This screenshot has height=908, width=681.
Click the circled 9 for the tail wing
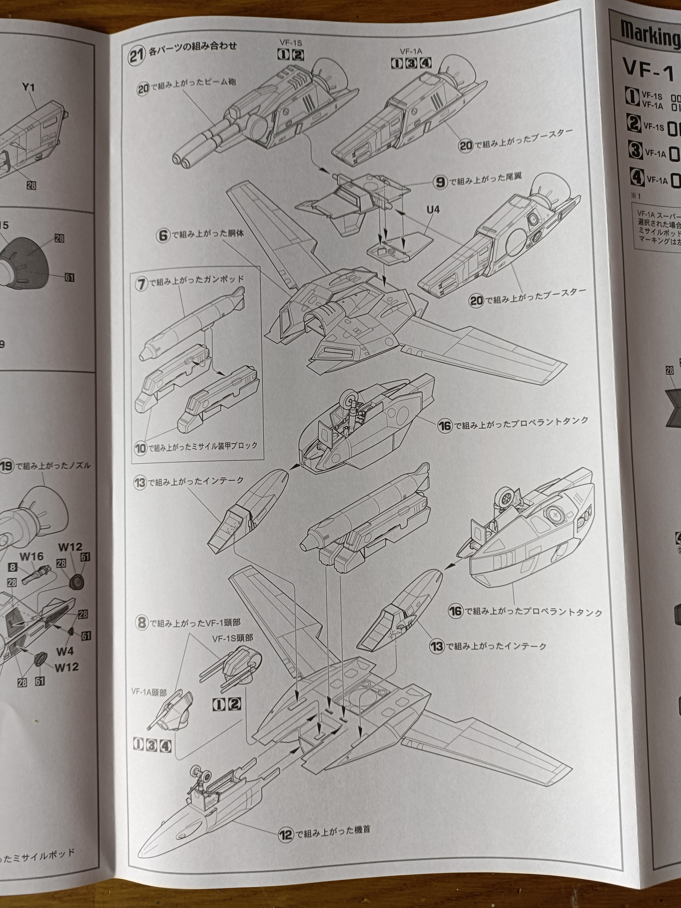440,182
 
